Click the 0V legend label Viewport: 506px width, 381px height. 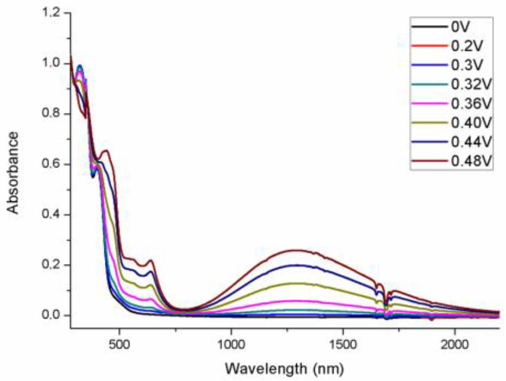(460, 27)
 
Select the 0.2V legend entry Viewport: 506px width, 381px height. (467, 46)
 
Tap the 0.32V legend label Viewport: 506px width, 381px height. (471, 85)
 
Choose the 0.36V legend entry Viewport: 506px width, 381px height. (471, 104)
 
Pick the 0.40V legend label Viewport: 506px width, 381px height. (471, 123)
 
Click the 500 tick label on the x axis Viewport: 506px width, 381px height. (119, 344)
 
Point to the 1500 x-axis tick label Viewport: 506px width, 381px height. (343, 344)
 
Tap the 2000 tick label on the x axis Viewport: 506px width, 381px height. (455, 344)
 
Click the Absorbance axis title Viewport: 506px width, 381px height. (13, 173)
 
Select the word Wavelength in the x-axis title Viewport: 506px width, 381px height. (266, 368)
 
